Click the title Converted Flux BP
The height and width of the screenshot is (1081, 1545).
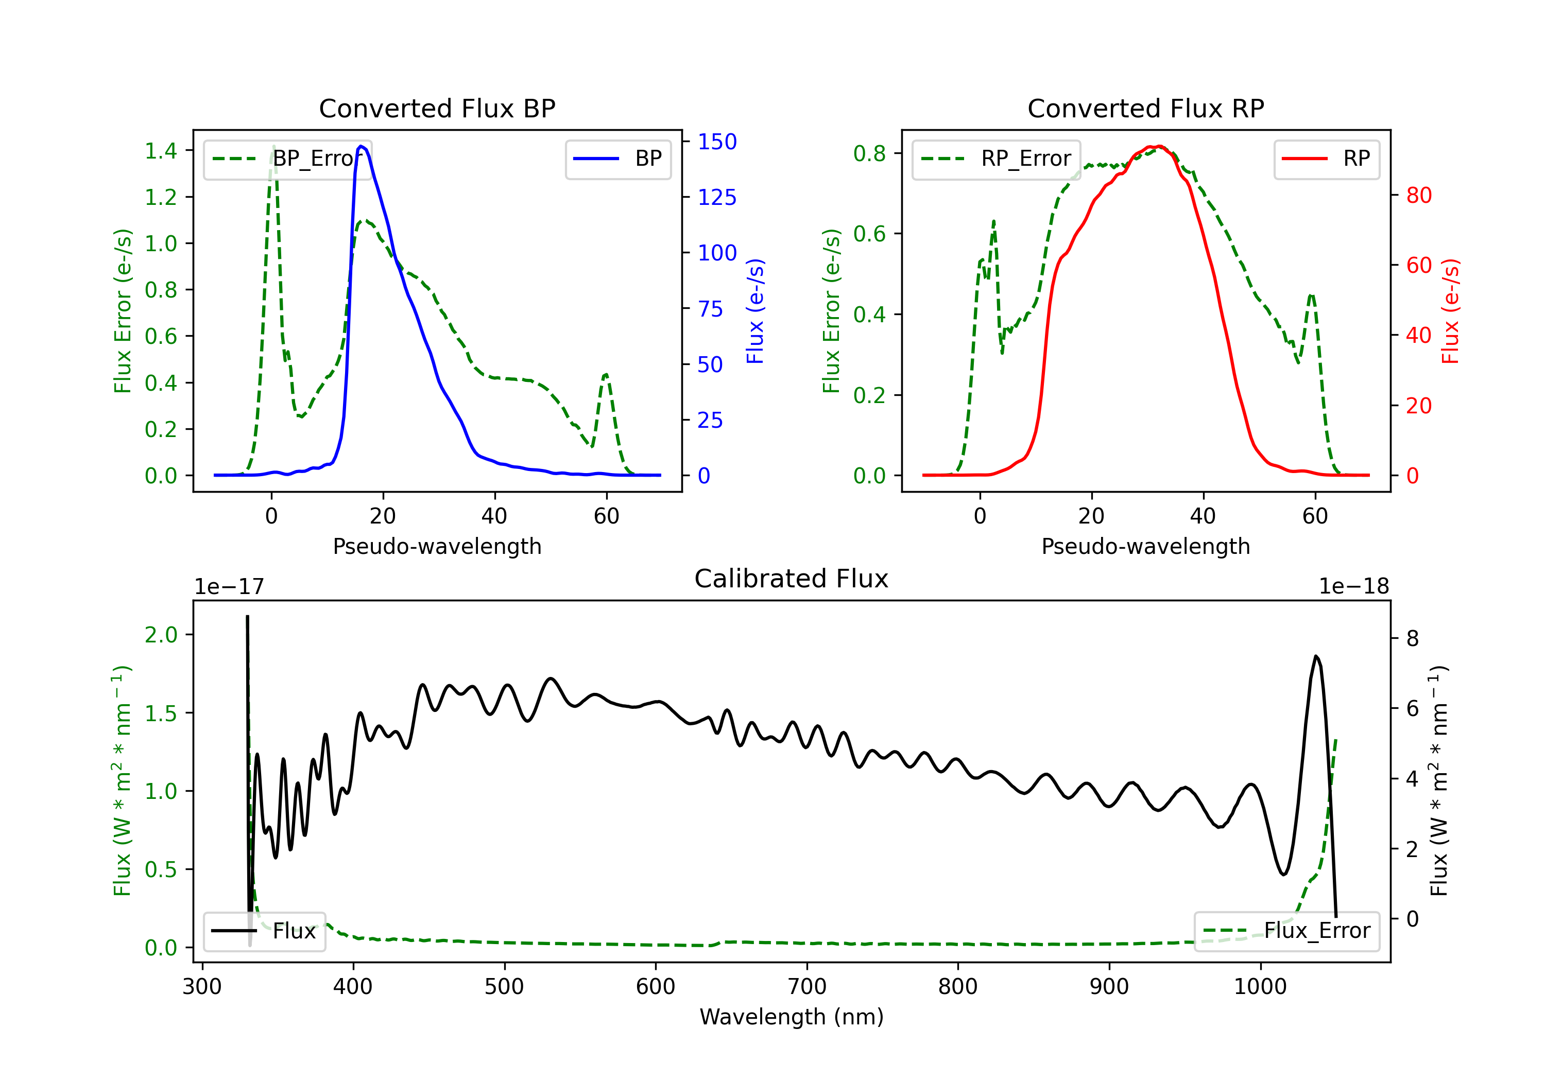(x=437, y=108)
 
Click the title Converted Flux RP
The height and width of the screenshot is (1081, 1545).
(x=1145, y=108)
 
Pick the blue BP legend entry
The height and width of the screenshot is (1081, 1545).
(x=617, y=159)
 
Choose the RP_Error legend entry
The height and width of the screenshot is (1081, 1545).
(x=996, y=159)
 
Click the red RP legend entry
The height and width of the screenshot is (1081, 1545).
(x=1326, y=159)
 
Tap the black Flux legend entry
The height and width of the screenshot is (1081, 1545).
(x=264, y=931)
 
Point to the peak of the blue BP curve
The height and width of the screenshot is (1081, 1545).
(x=362, y=146)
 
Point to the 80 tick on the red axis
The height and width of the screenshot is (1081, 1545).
(x=1418, y=195)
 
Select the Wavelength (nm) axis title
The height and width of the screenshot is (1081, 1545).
(x=792, y=1017)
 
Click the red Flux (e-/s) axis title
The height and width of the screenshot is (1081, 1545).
(x=1450, y=311)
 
